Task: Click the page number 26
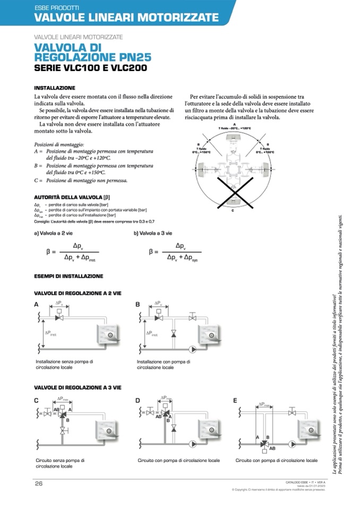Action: tap(39, 483)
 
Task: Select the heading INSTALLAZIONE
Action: tap(55, 88)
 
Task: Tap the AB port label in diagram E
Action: tap(272, 448)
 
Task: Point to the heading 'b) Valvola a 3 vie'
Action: tap(153, 233)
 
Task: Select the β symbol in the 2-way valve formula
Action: tap(48, 252)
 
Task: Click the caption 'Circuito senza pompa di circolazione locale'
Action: tap(60, 463)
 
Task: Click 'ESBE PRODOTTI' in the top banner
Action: tap(57, 7)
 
